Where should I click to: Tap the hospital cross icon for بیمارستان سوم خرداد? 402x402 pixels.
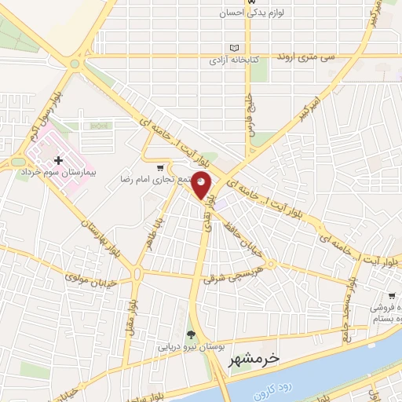57,160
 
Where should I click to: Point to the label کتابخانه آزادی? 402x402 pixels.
234,60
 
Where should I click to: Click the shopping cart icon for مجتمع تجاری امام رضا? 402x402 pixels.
160,167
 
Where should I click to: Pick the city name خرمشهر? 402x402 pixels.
254,360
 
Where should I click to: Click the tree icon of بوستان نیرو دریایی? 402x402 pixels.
190,334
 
